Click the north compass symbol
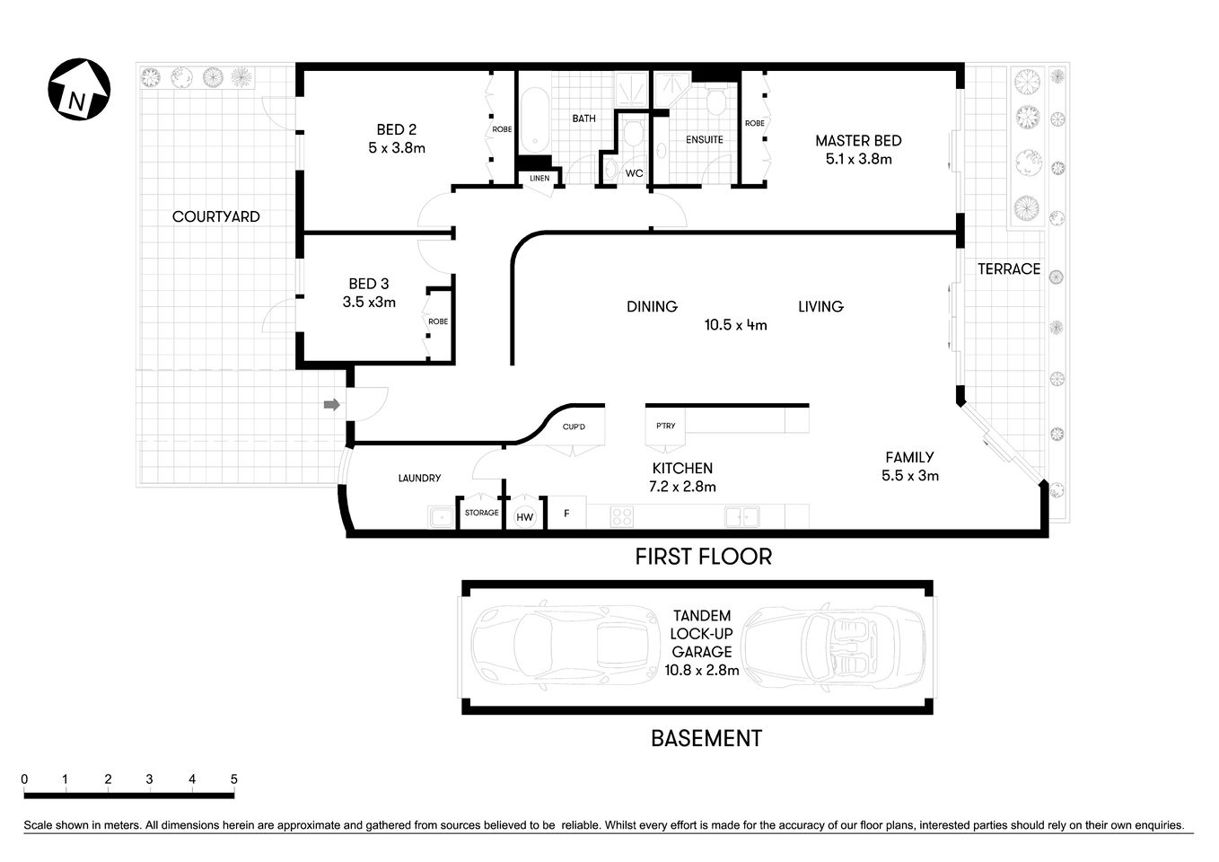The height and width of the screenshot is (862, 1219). click(79, 91)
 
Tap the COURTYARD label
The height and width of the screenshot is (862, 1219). click(215, 216)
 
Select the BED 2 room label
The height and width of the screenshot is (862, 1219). click(396, 130)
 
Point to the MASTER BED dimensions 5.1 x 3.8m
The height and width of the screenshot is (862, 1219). click(858, 159)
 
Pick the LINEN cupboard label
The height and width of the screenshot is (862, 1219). click(539, 179)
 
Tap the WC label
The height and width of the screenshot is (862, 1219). click(635, 173)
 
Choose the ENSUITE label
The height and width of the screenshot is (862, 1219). click(705, 139)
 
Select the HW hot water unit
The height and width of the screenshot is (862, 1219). click(524, 517)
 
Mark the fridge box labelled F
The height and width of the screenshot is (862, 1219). click(566, 515)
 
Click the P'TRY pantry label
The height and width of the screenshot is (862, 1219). click(665, 426)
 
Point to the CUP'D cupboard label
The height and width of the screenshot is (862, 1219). click(574, 427)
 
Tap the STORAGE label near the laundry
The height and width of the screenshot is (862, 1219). click(481, 513)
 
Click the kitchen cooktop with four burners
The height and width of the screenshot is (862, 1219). click(622, 516)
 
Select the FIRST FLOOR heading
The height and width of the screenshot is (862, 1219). click(703, 557)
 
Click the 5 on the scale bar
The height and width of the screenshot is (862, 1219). click(234, 779)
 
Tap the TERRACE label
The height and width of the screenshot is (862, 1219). click(1009, 268)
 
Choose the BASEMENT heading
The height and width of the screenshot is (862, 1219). click(706, 738)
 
